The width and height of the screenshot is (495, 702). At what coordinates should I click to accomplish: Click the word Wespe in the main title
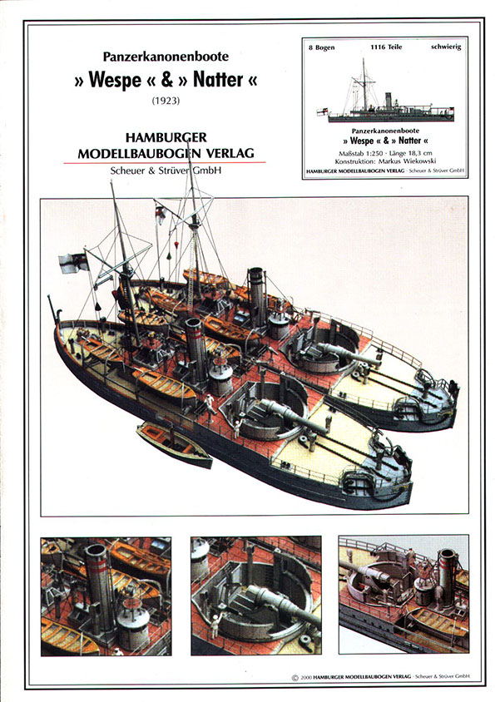pos(115,80)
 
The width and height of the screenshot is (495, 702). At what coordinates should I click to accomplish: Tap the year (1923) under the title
pos(166,101)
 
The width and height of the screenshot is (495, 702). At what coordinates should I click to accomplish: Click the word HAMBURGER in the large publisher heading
pos(166,137)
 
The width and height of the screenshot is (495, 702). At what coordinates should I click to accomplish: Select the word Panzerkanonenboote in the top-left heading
pos(166,57)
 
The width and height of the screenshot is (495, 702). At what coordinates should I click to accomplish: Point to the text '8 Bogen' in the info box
pos(321,47)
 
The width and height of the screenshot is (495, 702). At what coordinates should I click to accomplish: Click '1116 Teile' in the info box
pos(386,47)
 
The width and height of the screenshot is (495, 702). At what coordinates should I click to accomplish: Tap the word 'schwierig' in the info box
pos(446,47)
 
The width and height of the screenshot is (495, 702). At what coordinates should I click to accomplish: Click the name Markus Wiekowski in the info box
pos(407,161)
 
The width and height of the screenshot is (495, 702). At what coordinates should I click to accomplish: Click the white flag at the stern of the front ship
pos(72,262)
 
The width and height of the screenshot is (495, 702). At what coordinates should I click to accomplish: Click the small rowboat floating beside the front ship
pos(174,444)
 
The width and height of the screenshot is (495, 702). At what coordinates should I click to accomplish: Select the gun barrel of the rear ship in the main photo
pos(349,354)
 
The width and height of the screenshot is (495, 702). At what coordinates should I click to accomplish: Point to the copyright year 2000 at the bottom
pos(306,677)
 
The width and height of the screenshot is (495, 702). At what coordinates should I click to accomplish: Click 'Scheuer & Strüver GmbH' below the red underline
pos(166,171)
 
